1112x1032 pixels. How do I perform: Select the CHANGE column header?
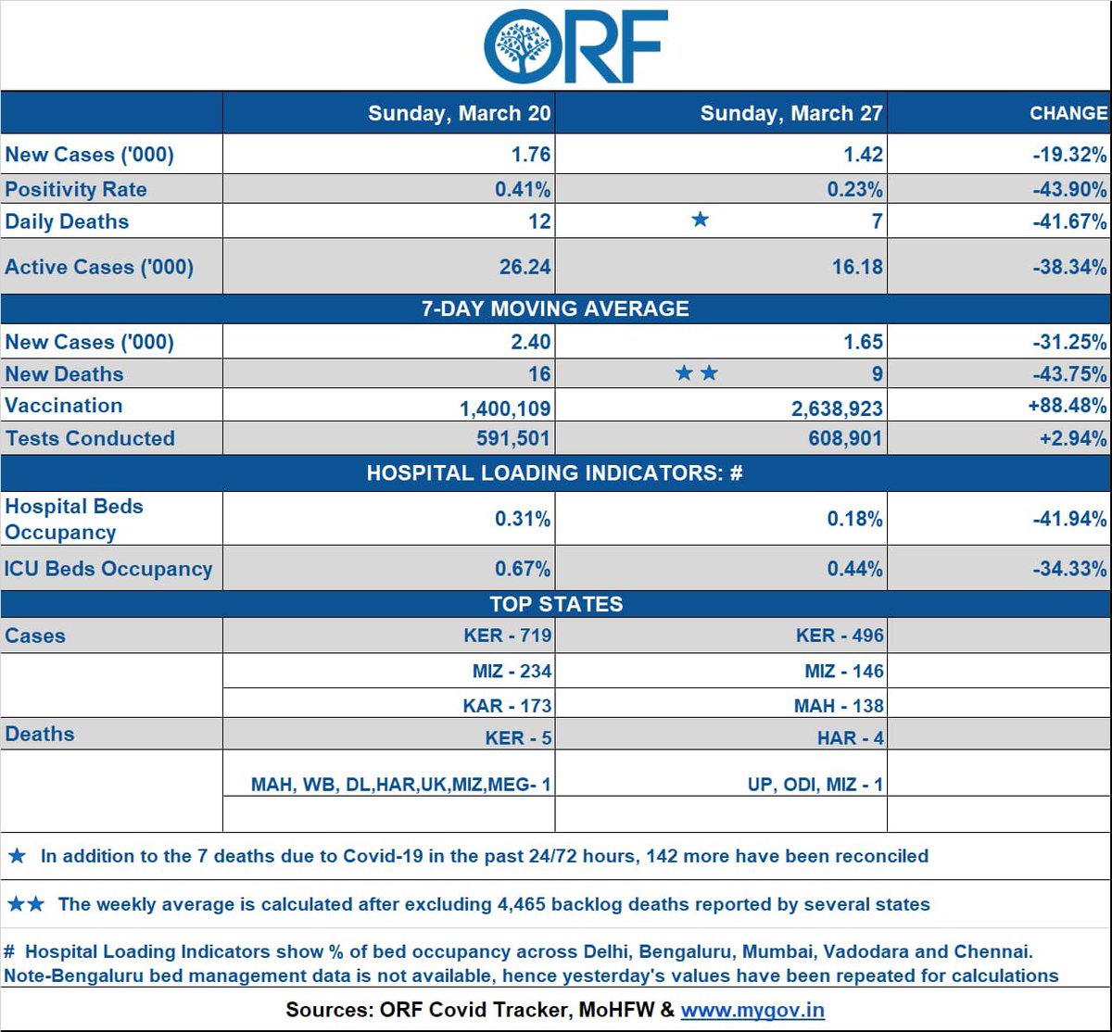tap(1068, 113)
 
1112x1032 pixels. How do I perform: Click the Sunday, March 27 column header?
tap(791, 113)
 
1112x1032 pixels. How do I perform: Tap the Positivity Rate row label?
tap(76, 189)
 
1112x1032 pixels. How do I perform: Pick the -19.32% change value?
tap(1069, 154)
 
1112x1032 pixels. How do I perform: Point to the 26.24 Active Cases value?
tap(524, 267)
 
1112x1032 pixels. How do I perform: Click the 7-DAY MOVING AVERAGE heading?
tap(555, 308)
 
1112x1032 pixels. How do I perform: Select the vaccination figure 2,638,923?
tap(837, 409)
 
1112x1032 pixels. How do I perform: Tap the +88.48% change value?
tap(1068, 405)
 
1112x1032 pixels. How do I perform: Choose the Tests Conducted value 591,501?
tap(512, 438)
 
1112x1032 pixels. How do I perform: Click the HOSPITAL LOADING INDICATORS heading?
tap(554, 472)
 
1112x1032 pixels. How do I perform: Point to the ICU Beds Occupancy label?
tap(108, 569)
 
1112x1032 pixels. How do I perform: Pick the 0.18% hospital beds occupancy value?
tap(854, 519)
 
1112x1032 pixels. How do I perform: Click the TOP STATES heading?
tap(556, 604)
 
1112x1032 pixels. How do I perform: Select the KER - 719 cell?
tap(507, 636)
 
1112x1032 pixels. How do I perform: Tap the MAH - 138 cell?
tap(839, 706)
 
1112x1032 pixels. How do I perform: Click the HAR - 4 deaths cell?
tap(850, 738)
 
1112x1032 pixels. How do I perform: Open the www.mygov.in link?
tap(752, 1010)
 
